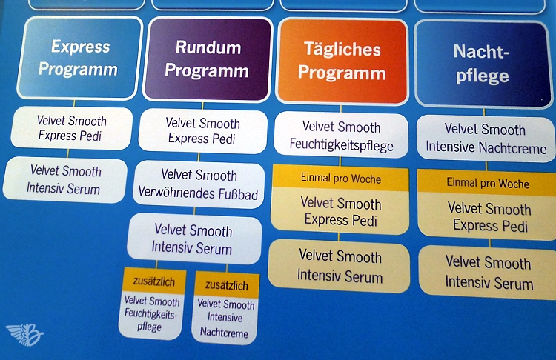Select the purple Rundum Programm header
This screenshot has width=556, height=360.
coord(208,59)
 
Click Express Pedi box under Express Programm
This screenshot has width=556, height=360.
coord(72,128)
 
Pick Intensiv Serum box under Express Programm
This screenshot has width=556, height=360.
coord(64,180)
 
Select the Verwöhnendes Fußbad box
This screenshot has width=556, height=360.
coord(199,184)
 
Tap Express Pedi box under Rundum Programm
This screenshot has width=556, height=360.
coord(202,131)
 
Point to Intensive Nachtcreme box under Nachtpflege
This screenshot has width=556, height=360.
coord(486,138)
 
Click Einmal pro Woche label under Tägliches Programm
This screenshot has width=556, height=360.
coord(341,179)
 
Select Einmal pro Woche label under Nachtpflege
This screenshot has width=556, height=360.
coord(487,182)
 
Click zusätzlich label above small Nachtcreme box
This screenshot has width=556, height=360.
coord(225,285)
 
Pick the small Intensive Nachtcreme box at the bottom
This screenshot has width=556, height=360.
coord(225,319)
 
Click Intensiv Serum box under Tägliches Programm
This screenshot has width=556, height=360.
coord(340,267)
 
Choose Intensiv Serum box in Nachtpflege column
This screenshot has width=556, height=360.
coord(488,273)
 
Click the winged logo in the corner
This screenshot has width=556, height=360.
coord(24,335)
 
